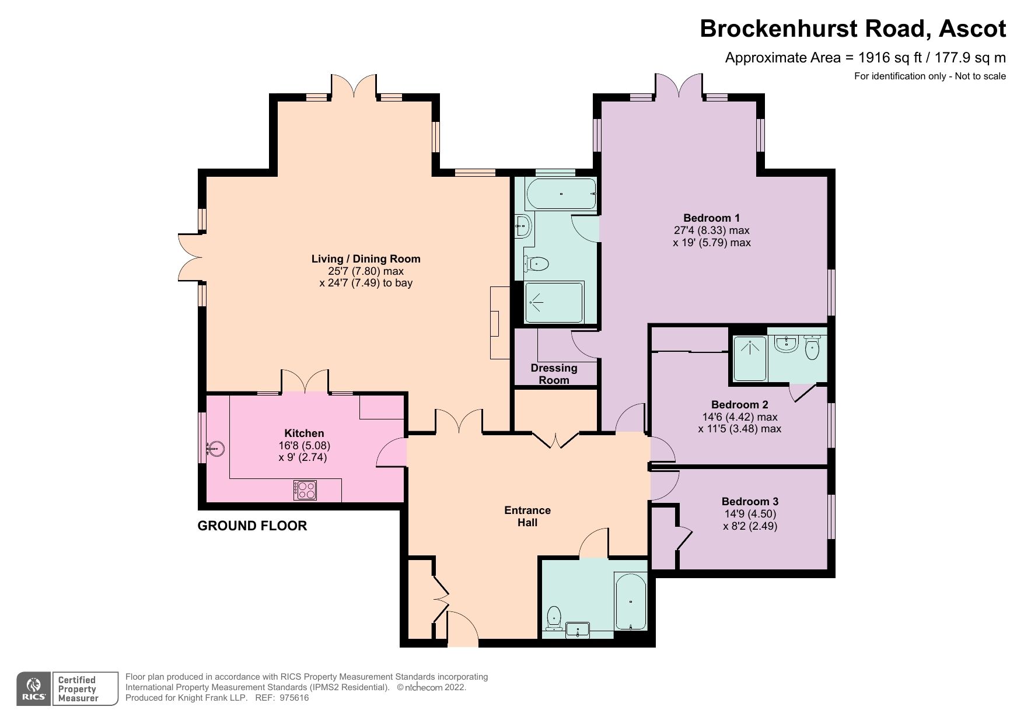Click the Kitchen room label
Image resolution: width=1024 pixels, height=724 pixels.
click(x=304, y=433)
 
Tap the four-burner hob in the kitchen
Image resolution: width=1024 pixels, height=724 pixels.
click(x=305, y=489)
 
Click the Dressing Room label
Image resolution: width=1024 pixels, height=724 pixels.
click(x=554, y=374)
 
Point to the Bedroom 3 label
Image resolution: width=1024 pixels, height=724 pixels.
click(x=750, y=502)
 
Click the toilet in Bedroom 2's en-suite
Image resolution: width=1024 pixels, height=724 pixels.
click(x=812, y=349)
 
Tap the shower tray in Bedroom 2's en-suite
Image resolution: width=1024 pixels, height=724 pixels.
click(x=749, y=358)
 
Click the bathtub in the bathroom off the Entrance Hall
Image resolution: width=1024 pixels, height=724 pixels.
click(x=630, y=601)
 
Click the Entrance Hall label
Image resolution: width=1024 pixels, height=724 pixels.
click(x=527, y=516)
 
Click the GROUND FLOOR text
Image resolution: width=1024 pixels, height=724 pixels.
click(x=252, y=526)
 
